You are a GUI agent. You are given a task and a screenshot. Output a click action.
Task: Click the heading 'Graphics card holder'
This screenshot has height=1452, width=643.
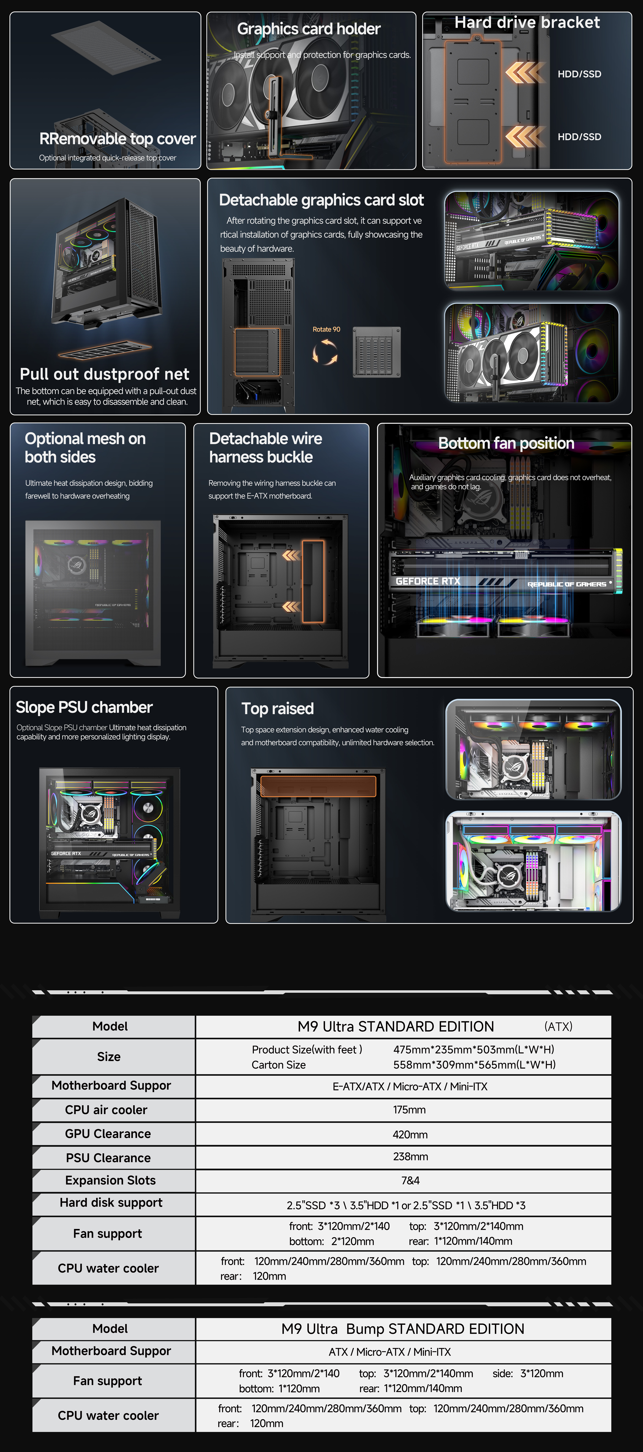309,29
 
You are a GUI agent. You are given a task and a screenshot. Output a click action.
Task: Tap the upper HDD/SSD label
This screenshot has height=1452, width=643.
579,74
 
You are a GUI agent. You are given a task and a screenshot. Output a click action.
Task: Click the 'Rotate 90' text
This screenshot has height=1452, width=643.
326,329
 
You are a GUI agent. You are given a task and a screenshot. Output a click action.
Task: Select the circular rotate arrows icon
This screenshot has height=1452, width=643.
325,352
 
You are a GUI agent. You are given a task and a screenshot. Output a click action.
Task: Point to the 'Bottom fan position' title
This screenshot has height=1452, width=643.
506,444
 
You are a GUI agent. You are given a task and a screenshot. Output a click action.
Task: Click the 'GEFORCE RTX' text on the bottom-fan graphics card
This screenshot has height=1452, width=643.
428,581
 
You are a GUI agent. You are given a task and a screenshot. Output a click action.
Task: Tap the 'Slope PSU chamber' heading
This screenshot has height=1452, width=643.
84,707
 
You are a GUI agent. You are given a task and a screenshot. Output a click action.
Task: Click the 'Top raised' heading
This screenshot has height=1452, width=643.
277,708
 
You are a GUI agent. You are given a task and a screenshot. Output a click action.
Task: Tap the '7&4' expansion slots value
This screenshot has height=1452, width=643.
410,1180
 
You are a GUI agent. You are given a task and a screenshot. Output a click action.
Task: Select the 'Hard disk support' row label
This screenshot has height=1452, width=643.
111,1203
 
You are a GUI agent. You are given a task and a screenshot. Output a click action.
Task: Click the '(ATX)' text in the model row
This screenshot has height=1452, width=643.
558,1026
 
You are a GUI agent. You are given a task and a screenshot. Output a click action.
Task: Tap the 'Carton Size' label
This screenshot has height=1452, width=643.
278,1065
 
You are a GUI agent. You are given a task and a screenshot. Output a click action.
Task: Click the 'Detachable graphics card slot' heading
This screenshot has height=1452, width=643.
321,200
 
